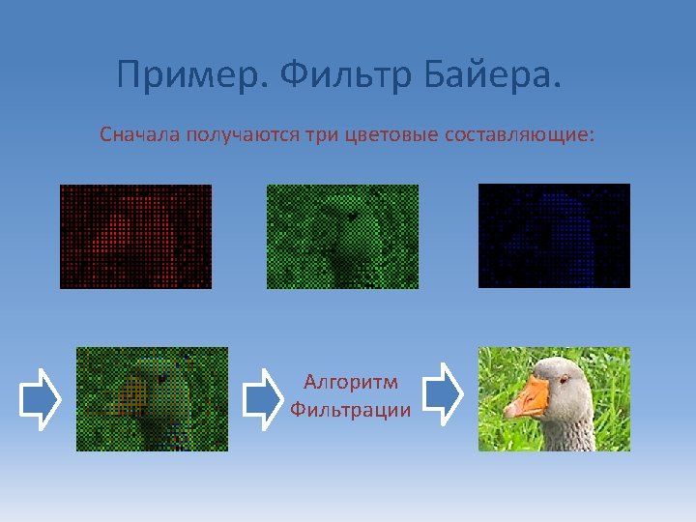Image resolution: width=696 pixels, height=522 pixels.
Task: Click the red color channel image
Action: (x=135, y=236)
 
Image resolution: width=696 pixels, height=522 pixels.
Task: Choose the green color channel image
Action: (x=342, y=236)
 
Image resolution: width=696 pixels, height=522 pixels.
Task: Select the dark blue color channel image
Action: (x=554, y=236)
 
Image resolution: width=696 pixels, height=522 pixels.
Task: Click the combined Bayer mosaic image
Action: (x=152, y=399)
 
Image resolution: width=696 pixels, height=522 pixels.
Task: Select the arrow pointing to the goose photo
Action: (x=443, y=393)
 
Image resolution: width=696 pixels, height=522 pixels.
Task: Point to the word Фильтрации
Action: (x=350, y=410)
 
